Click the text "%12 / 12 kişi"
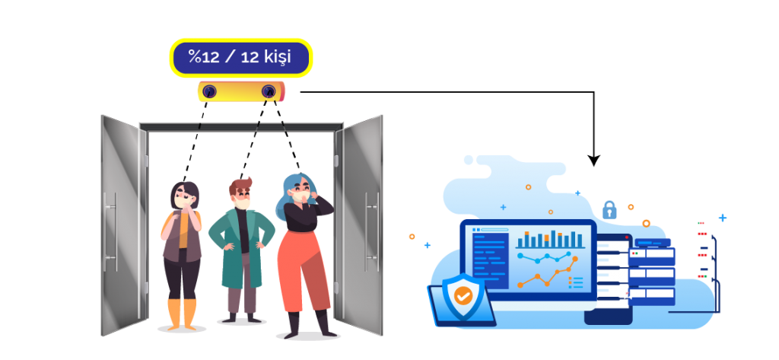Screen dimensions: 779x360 point(240,56)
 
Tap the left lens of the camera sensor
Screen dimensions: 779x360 point(210,91)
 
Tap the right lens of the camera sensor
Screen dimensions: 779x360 point(269,91)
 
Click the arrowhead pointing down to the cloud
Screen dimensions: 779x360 point(593,161)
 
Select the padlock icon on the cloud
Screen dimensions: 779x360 point(609,210)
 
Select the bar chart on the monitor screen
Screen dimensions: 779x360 point(549,240)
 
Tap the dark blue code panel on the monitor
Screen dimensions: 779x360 point(491,260)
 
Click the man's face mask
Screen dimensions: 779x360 point(243,203)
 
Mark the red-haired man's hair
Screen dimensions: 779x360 point(240,186)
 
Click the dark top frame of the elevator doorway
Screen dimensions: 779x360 point(241,126)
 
